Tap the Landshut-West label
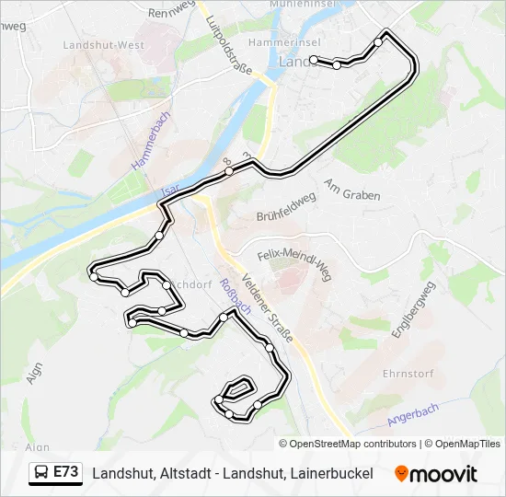pyautogui.click(x=103, y=44)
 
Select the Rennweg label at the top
pyautogui.click(x=173, y=13)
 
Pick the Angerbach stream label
pyautogui.click(x=414, y=414)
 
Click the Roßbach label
pyautogui.click(x=231, y=300)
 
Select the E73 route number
pyautogui.click(x=66, y=472)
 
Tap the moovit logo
pyautogui.click(x=436, y=474)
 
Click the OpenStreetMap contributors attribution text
pyautogui.click(x=353, y=444)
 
